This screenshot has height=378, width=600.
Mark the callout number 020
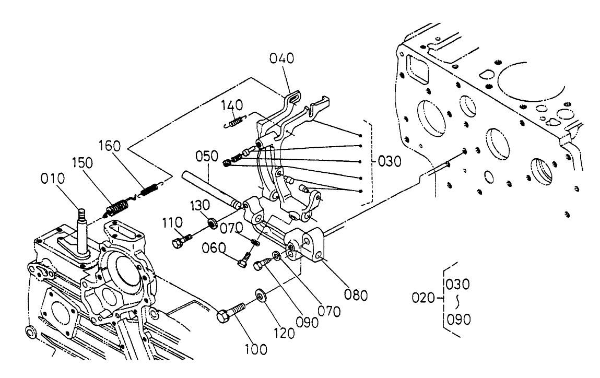pyautogui.click(x=423, y=298)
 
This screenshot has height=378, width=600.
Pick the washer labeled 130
pyautogui.click(x=213, y=223)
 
